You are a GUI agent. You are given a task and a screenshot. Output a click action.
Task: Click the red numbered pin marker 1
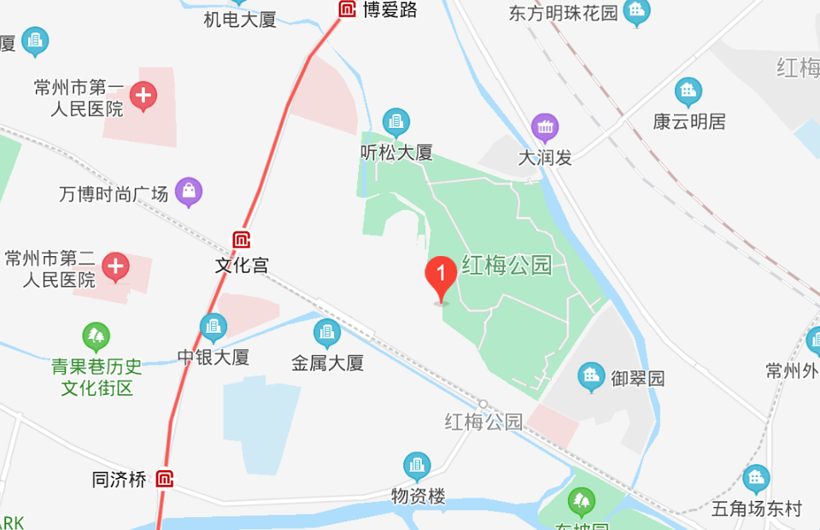click(441, 276)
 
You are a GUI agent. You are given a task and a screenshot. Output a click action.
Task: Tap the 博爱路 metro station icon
click(348, 9)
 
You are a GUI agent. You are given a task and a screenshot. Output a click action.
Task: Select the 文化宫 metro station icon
click(242, 241)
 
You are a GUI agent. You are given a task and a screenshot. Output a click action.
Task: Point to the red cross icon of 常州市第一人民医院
click(143, 96)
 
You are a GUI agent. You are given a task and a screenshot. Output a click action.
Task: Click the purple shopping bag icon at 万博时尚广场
click(188, 192)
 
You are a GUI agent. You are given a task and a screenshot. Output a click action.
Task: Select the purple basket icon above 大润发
click(545, 128)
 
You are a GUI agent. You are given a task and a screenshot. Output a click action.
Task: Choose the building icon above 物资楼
click(418, 466)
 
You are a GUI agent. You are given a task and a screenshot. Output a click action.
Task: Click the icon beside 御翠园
click(590, 376)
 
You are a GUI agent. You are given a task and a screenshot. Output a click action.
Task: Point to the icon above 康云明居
click(688, 91)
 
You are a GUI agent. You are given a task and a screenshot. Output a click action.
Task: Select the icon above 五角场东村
click(756, 479)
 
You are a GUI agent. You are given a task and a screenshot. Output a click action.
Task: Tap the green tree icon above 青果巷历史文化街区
click(96, 335)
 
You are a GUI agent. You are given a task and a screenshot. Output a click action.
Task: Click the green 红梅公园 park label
click(507, 265)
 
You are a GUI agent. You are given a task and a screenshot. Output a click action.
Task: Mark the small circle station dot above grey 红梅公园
click(483, 404)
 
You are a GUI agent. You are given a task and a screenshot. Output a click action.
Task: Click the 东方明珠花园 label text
click(563, 14)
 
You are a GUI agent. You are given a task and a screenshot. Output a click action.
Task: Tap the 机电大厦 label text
click(240, 20)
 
